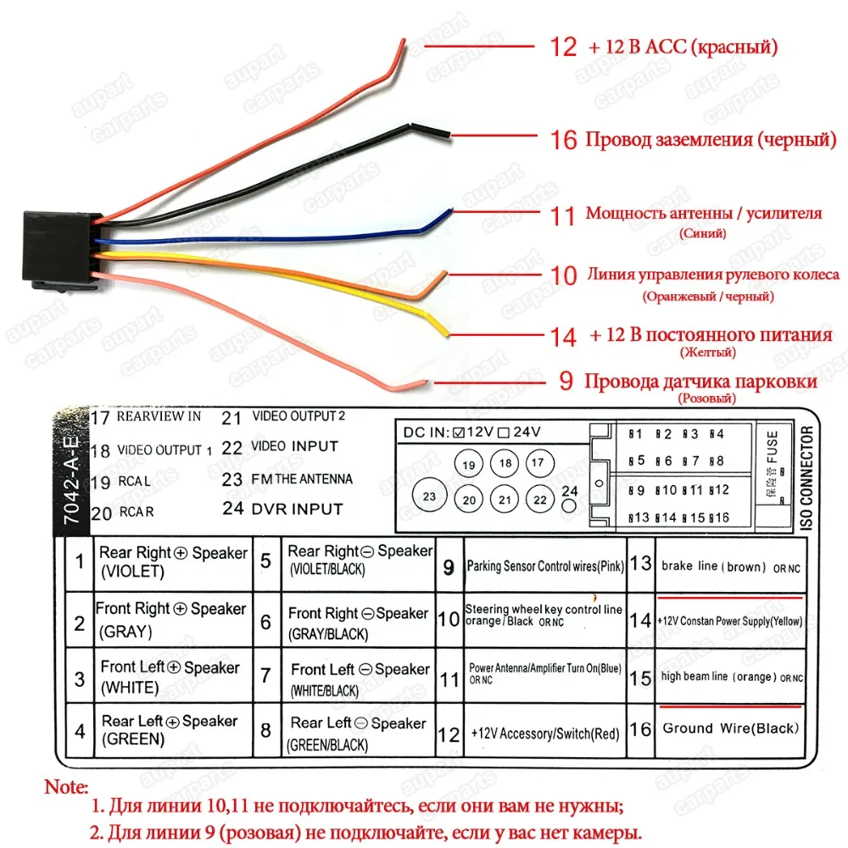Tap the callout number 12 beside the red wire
tap(563, 46)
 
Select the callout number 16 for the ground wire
tap(564, 139)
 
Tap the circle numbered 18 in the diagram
tap(506, 463)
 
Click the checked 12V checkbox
tap(458, 432)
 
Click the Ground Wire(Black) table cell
tap(730, 728)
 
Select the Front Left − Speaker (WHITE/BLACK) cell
tap(360, 678)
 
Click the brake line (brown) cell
tap(730, 566)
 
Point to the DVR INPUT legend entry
tap(297, 509)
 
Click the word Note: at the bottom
tap(65, 787)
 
